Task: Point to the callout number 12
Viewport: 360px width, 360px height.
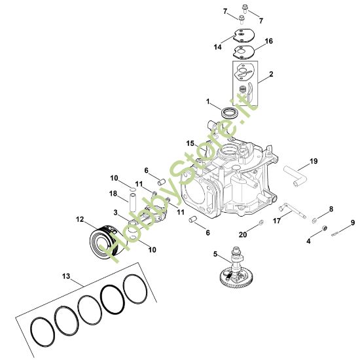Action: coord(79,219)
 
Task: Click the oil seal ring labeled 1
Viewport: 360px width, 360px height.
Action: coord(228,113)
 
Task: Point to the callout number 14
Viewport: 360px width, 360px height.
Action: coord(217,47)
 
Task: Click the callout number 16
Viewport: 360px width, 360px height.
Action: coord(268,41)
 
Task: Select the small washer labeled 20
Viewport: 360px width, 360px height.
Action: coord(261,225)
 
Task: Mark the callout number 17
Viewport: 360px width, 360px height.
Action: coord(277,221)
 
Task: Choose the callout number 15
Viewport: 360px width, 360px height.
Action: coord(189,143)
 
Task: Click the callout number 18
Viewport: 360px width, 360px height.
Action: coord(113,193)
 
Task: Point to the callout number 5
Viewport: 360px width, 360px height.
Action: coord(215,253)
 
